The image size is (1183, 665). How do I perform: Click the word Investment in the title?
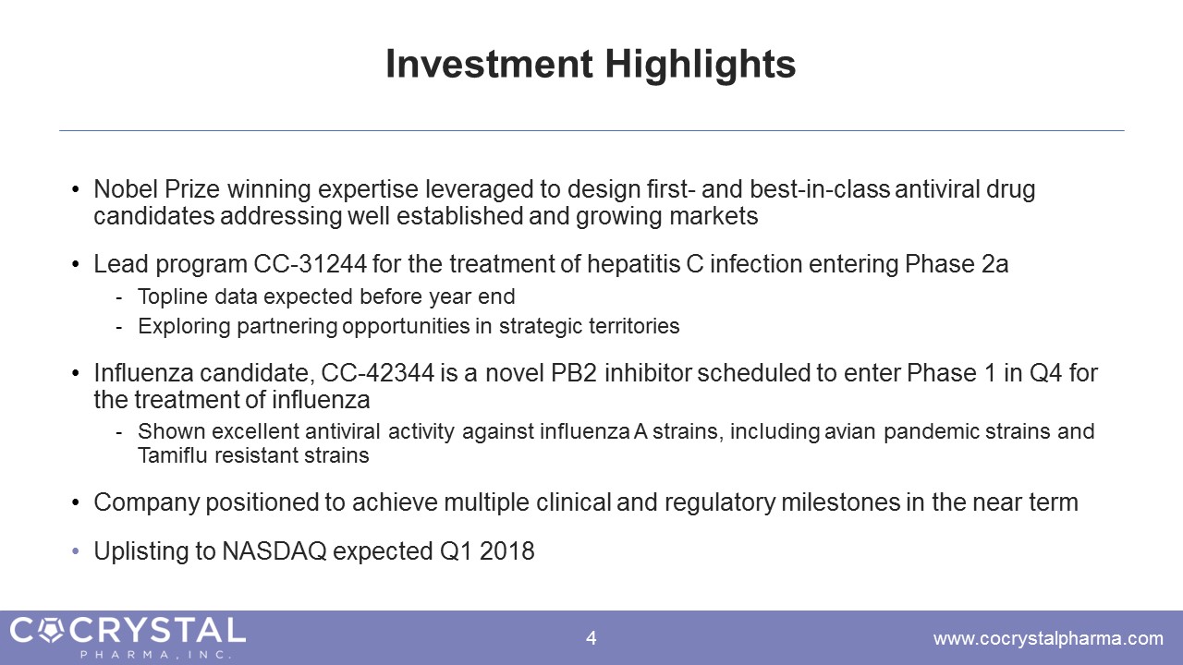(x=489, y=64)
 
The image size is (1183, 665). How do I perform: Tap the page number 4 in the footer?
(x=591, y=638)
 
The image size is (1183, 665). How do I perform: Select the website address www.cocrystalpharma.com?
(x=1048, y=639)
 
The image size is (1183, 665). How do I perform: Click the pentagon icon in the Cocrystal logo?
(x=52, y=631)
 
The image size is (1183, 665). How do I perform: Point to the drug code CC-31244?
(x=310, y=264)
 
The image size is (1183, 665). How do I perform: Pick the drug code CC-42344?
(x=377, y=373)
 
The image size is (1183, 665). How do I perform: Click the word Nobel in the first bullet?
(x=126, y=189)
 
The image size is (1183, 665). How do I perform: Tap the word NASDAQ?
(x=274, y=551)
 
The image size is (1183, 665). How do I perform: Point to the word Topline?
(x=172, y=297)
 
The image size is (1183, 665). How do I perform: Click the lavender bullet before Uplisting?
(x=76, y=552)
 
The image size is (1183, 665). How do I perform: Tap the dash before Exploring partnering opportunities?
(x=119, y=328)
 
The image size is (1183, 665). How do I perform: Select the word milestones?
(x=841, y=502)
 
